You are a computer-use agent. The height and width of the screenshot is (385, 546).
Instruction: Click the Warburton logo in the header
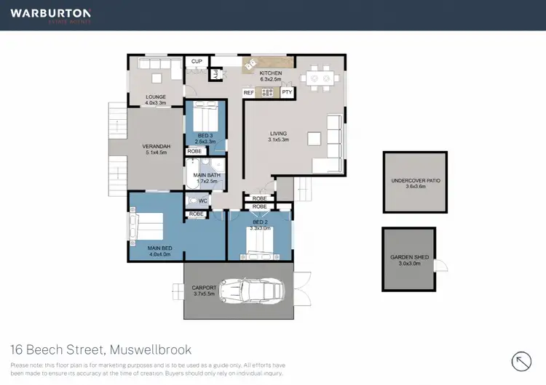point(50,15)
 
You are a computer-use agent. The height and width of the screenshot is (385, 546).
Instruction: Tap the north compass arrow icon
point(522,361)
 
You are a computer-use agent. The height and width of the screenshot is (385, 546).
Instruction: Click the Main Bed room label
point(159,251)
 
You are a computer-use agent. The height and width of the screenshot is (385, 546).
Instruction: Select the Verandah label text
point(156,150)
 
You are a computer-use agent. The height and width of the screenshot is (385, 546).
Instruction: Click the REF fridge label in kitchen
point(248,93)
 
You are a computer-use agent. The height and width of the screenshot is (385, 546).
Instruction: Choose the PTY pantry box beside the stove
point(287,93)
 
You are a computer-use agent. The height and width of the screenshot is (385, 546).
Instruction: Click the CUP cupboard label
point(197,62)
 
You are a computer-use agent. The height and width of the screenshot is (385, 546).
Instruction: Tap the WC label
point(203,200)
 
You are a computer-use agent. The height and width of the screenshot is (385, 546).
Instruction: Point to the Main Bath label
point(206,179)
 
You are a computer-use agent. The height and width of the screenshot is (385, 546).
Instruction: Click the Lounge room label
point(156,100)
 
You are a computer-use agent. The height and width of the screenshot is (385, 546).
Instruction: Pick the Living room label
point(278,137)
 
